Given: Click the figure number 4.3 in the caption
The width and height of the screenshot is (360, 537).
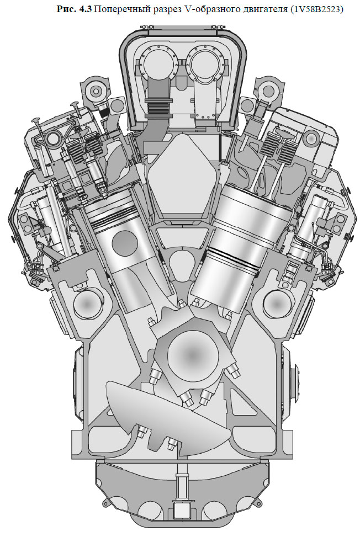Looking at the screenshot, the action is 85,9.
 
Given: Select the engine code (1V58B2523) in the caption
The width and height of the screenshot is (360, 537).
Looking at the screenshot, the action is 316,9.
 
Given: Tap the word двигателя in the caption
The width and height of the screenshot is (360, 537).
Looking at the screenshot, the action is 265,9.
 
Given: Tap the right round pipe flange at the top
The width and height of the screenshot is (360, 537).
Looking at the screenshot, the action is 207,62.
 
